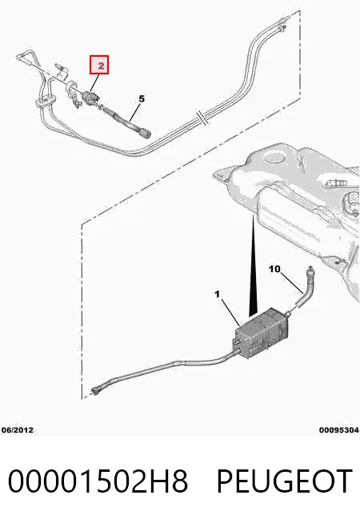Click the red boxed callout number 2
(x=99, y=65)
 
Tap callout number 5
(x=142, y=99)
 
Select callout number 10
(x=274, y=269)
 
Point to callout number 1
(x=218, y=294)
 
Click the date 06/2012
(x=18, y=430)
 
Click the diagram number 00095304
(x=339, y=430)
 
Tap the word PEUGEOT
(x=285, y=481)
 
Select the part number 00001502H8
(x=98, y=481)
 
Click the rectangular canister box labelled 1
(x=261, y=333)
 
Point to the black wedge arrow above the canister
(x=254, y=267)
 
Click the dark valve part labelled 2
(x=90, y=98)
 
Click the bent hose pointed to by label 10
(x=306, y=287)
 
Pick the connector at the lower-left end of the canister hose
(x=96, y=390)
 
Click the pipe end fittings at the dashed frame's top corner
(x=282, y=23)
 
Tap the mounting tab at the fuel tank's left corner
(x=222, y=175)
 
